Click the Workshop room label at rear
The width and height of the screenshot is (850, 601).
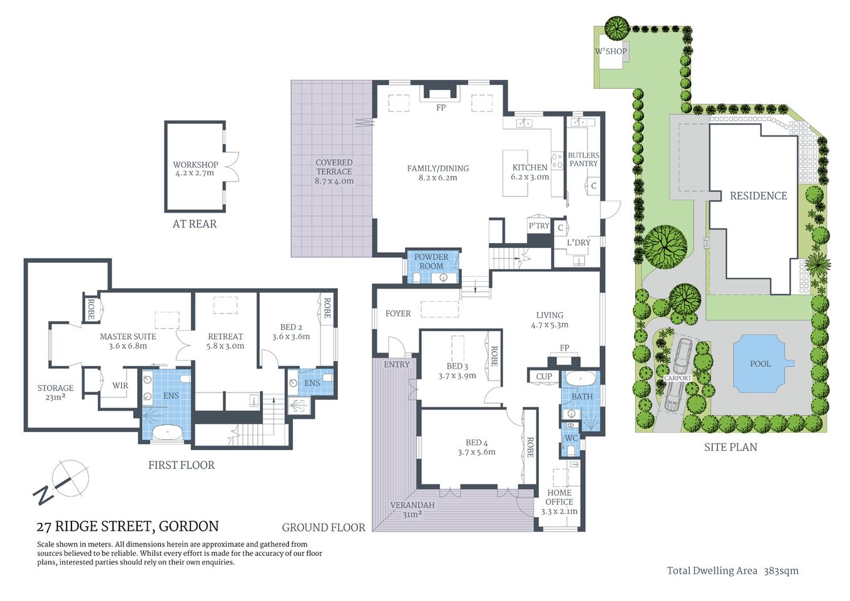pyautogui.click(x=195, y=165)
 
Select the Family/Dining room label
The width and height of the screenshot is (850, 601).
pyautogui.click(x=438, y=168)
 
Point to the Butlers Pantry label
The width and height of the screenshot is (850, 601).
pyautogui.click(x=583, y=159)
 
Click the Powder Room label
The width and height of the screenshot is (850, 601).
pyautogui.click(x=431, y=261)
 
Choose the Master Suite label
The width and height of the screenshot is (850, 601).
pyautogui.click(x=128, y=337)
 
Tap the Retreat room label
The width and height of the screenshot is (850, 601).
pyautogui.click(x=225, y=337)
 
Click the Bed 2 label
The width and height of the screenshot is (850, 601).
pyautogui.click(x=291, y=327)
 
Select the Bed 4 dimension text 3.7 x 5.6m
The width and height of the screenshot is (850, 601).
pyautogui.click(x=476, y=452)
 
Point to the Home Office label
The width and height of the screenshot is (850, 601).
pyautogui.click(x=559, y=497)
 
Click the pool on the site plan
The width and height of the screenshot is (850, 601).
pyautogui.click(x=760, y=364)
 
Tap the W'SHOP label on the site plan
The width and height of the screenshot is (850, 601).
pyautogui.click(x=610, y=51)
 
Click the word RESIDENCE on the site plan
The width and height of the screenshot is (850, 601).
pyautogui.click(x=758, y=196)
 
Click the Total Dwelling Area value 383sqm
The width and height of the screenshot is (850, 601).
pyautogui.click(x=781, y=570)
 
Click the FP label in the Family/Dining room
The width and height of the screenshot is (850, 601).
pyautogui.click(x=441, y=108)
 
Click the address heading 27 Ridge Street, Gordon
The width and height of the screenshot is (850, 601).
pyautogui.click(x=128, y=527)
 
